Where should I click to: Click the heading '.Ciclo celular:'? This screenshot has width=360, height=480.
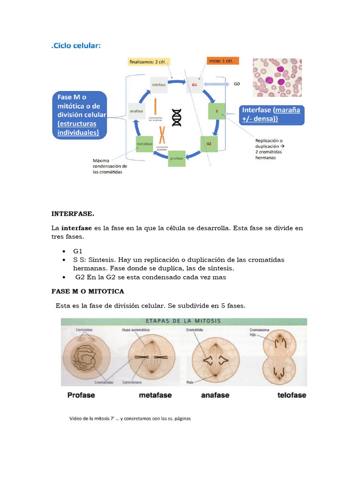(76, 45)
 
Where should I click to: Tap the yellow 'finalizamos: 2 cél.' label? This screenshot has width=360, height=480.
(148, 61)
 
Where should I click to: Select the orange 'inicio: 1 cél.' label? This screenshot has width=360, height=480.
(223, 61)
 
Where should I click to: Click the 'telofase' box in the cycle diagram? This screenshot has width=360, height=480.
(158, 85)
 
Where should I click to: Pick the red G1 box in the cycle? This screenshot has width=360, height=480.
(195, 85)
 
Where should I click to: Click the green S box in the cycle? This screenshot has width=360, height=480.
(217, 112)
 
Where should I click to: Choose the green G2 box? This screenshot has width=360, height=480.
(209, 143)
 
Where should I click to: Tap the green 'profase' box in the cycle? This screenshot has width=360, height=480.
(177, 158)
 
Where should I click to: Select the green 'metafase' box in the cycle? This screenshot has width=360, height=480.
(144, 143)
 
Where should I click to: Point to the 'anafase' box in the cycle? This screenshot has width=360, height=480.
(136, 112)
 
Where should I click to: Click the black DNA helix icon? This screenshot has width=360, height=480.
(177, 117)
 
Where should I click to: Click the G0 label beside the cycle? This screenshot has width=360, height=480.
(237, 84)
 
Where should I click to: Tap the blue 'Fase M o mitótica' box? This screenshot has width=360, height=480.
(79, 114)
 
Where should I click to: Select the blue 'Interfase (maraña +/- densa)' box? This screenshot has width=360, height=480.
(272, 114)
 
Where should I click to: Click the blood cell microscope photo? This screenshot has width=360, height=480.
(277, 77)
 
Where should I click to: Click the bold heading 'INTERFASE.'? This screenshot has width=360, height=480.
(73, 214)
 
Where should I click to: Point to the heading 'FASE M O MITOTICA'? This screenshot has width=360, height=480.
(88, 291)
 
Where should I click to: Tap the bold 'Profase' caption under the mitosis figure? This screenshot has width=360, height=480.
(81, 395)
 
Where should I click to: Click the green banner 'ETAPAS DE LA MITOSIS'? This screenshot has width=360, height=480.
(184, 322)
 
